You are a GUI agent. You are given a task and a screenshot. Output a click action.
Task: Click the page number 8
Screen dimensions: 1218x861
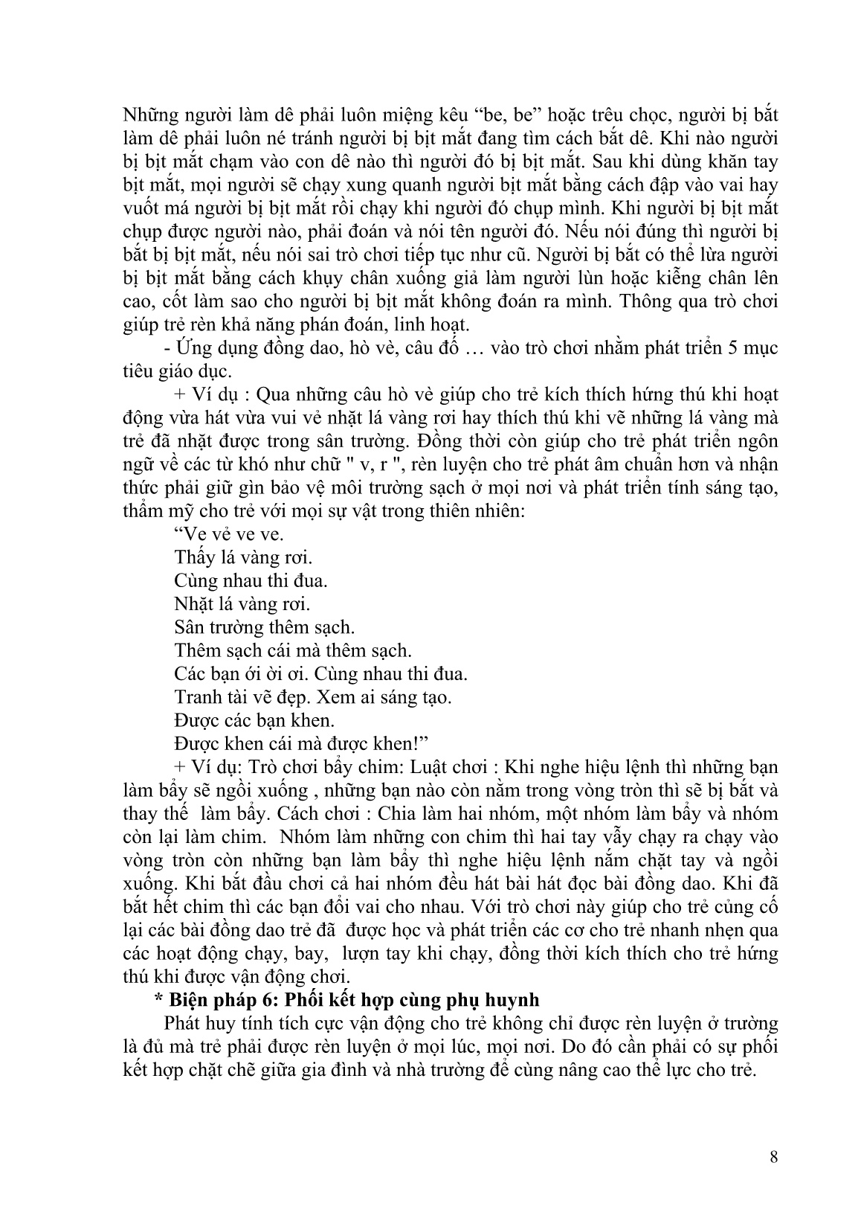(x=773, y=1156)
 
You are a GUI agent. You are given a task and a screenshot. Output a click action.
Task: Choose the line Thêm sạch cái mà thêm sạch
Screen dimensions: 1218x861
(x=293, y=650)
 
